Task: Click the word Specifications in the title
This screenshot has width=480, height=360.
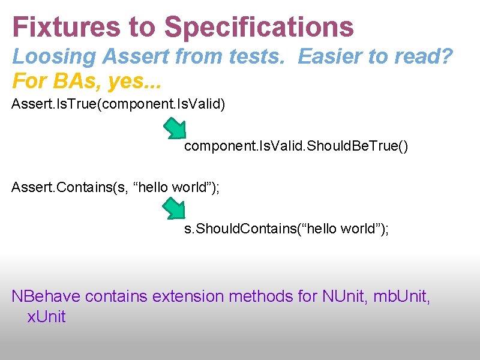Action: coord(259,28)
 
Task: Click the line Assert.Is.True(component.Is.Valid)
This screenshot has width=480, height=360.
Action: coord(118,105)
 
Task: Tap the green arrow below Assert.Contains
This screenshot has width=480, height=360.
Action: coord(174,208)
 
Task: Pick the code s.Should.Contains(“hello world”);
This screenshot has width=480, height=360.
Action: coord(286,229)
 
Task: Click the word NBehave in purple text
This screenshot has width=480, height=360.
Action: coord(46,296)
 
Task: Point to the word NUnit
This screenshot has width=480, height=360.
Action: coord(341,296)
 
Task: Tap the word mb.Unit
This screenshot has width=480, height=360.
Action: coord(401,296)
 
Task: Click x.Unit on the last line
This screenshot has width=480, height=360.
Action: coord(46,317)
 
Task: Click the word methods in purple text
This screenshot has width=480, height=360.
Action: coord(262,296)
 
